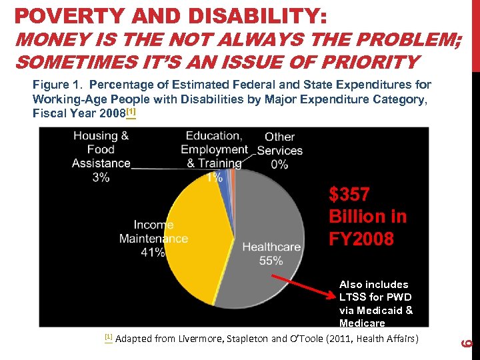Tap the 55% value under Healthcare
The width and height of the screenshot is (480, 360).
(x=271, y=261)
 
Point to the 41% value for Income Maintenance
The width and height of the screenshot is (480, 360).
(x=153, y=252)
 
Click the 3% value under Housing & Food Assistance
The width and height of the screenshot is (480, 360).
(x=101, y=177)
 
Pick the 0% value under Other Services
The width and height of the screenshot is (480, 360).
(x=280, y=164)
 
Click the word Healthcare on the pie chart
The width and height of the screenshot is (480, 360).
(x=271, y=247)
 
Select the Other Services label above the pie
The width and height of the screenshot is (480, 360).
(x=280, y=144)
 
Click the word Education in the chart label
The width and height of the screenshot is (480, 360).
(x=213, y=136)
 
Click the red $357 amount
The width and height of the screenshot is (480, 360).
(x=349, y=195)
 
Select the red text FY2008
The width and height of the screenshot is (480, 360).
(x=361, y=239)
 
